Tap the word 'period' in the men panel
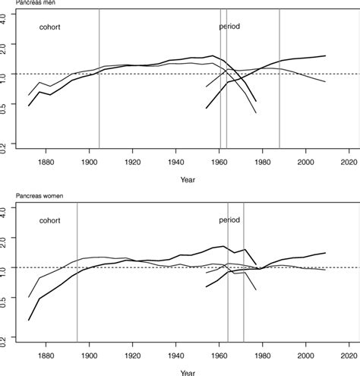tap(229, 27)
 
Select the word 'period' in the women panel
tap(229, 220)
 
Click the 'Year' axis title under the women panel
tap(187, 372)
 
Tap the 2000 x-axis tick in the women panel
tap(306, 355)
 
